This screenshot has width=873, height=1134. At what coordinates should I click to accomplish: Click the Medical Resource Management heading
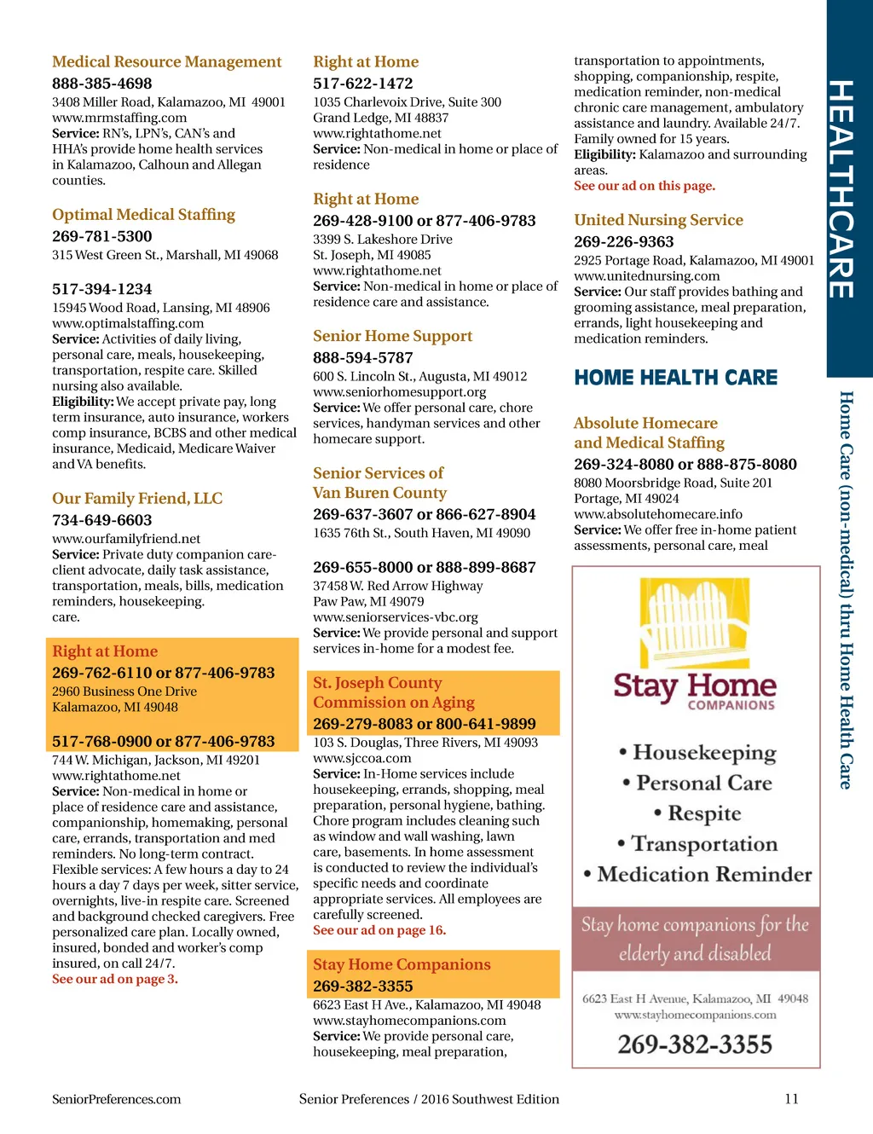coord(166,62)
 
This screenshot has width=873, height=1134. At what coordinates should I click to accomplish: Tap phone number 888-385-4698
coord(102,84)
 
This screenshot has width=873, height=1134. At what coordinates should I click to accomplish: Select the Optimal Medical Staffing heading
coord(143,215)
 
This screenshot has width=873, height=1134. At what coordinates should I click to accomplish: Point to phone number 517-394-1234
coord(102,289)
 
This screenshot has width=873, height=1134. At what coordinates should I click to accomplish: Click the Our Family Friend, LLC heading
coord(137,499)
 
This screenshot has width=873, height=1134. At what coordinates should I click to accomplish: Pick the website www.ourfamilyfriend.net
coord(126,539)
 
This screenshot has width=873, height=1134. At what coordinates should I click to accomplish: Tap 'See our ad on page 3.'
coord(115,980)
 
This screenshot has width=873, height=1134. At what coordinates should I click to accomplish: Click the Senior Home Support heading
coord(392,337)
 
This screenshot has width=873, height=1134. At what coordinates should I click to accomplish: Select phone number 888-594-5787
coord(363,358)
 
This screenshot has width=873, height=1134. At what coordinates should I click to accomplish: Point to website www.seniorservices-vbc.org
coord(396,617)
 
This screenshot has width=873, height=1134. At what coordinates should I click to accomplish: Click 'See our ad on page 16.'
coord(379,930)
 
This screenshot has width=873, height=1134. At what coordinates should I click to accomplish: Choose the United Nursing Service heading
coord(658,220)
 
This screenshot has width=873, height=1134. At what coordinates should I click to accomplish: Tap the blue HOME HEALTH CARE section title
coord(676,378)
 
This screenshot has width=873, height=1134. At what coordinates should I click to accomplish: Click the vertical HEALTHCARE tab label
coord(841,189)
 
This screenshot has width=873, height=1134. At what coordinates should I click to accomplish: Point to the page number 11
coord(791,1099)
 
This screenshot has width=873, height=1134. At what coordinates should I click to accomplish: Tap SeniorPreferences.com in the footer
coord(117,1099)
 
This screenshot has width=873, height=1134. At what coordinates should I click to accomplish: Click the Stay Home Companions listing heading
coord(402,965)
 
